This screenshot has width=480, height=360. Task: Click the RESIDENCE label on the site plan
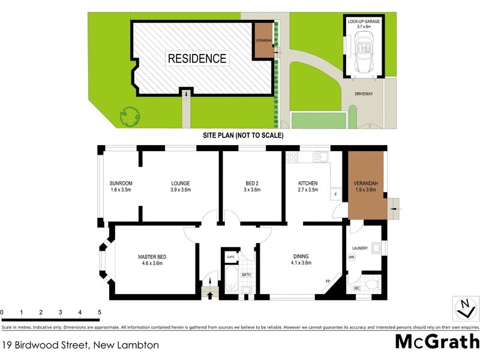(x=197, y=58)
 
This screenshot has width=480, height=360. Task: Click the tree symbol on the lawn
(x=129, y=116)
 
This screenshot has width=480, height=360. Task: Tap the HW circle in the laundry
(x=352, y=258)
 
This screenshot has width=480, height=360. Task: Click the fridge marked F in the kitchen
(x=335, y=194)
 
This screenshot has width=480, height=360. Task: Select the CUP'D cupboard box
(x=230, y=257)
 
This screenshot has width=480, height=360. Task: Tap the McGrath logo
(x=437, y=342)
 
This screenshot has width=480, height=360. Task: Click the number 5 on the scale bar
(x=100, y=313)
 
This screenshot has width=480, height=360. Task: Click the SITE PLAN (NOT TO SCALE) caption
(x=243, y=135)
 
